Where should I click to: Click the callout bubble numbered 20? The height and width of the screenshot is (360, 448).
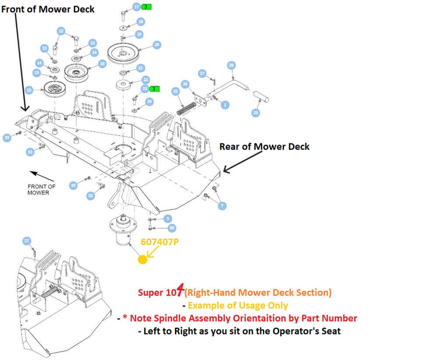click(157, 45)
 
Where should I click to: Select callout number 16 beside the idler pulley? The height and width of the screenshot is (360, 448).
click(102, 64)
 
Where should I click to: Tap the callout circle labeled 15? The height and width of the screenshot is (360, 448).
click(29, 90)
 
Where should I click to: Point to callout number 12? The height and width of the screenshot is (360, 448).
click(61, 31)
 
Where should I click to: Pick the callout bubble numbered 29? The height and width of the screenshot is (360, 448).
click(255, 113)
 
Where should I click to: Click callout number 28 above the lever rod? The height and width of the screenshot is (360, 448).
click(231, 65)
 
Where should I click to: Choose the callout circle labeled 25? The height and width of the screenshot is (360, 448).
click(175, 92)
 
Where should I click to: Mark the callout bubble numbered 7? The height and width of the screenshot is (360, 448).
click(222, 206)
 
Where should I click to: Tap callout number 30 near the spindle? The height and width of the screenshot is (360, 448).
click(171, 228)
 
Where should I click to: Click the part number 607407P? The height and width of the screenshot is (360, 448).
click(160, 242)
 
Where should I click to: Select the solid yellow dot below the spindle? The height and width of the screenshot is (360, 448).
click(143, 260)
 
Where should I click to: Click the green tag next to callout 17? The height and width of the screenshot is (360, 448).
click(147, 7)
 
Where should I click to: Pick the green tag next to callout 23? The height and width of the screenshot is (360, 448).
click(154, 89)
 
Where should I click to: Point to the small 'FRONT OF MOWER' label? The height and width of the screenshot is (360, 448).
click(42, 190)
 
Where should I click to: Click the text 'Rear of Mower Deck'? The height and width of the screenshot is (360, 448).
click(264, 147)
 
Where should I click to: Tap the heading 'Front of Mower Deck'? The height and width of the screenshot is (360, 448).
click(48, 9)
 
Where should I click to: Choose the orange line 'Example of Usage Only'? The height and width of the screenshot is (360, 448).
click(238, 306)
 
